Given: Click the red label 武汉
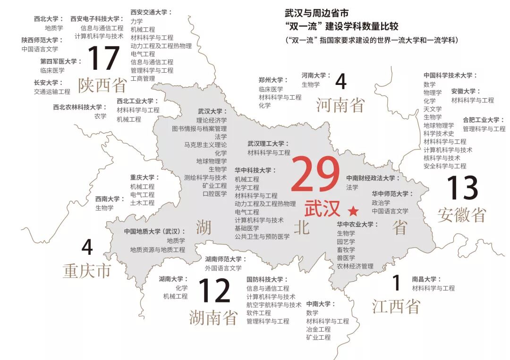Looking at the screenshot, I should pyautogui.click(x=323, y=209).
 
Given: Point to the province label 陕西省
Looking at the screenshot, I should pyautogui.click(x=102, y=85).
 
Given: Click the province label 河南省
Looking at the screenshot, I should pyautogui.click(x=340, y=104).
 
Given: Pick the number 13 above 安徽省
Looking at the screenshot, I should pyautogui.click(x=463, y=188).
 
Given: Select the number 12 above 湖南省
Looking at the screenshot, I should pyautogui.click(x=214, y=291).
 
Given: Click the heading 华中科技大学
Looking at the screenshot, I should pyautogui.click(x=255, y=170).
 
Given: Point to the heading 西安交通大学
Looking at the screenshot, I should pyautogui.click(x=151, y=12).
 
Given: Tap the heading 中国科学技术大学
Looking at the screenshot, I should pyautogui.click(x=450, y=75).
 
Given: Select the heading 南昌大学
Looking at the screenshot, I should pyautogui.click(x=426, y=279).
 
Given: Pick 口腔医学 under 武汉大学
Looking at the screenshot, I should pyautogui.click(x=215, y=194).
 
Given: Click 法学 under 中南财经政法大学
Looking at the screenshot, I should pyautogui.click(x=352, y=187).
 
